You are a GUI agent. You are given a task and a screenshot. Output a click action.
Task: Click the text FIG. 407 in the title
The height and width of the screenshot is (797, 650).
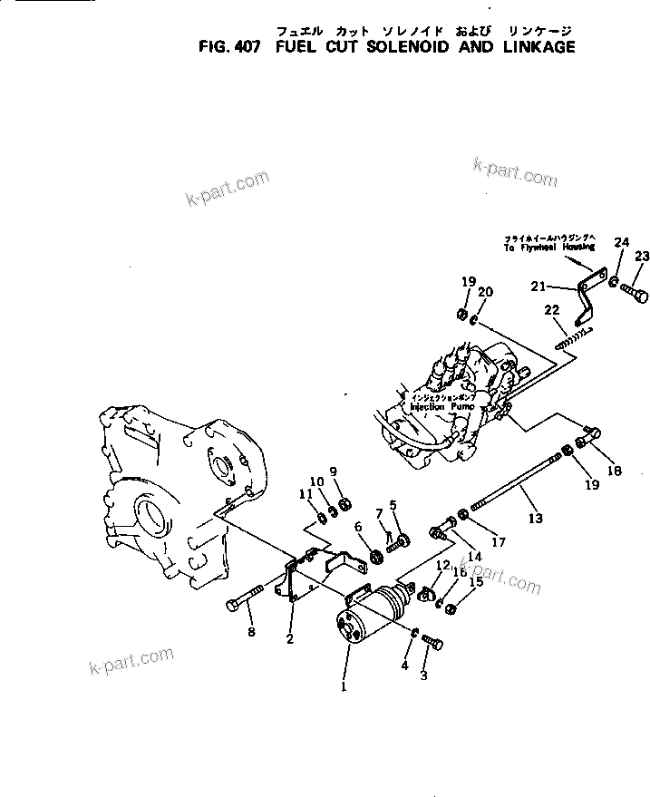pos(228,47)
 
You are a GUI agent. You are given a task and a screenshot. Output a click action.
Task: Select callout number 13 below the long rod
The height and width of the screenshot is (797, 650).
pos(535,518)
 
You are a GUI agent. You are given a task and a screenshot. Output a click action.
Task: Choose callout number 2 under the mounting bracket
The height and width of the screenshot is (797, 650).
pos(290,639)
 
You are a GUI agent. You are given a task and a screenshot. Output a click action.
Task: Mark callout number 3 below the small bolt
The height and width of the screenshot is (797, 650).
pos(423,676)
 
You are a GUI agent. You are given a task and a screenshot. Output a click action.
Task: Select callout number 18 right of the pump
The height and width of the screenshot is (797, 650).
pos(615,471)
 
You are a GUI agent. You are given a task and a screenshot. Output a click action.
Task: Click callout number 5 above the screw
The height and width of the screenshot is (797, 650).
pos(393,505)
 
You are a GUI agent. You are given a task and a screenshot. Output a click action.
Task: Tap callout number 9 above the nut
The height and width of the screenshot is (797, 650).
pos(333,471)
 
